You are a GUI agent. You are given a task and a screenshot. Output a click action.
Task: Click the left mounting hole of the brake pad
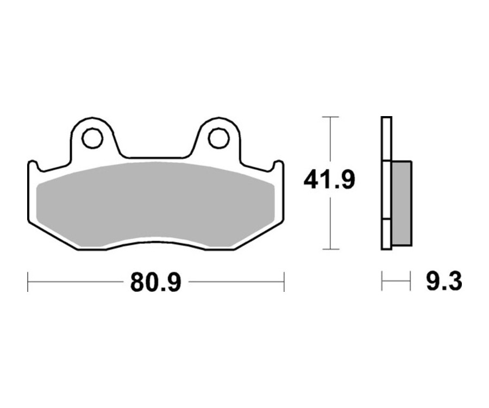93,138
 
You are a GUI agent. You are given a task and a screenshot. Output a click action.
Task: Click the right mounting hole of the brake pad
218,138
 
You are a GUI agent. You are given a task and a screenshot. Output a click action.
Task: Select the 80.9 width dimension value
155,282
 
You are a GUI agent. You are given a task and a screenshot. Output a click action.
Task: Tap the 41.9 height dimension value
330,180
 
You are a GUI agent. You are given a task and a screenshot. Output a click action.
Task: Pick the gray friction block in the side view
401,202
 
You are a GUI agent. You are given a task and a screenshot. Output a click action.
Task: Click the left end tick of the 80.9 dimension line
28,282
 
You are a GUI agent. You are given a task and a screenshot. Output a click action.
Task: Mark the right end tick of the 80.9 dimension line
284,282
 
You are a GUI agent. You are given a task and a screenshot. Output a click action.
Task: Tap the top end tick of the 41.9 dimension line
330,117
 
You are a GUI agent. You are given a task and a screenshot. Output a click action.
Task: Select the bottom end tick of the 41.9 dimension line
330,250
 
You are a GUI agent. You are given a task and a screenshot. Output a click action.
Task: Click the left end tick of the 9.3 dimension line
382,282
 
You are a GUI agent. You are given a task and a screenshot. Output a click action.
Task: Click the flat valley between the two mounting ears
156,158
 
